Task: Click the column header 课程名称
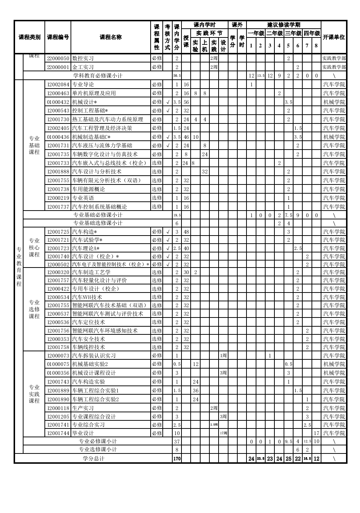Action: click(111, 37)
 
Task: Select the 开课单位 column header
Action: click(334, 37)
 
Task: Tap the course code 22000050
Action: click(58, 58)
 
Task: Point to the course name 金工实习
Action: click(83, 67)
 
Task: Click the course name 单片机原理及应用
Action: click(94, 93)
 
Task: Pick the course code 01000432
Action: click(58, 102)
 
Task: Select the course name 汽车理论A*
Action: click(86, 248)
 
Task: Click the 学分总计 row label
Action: click(94, 459)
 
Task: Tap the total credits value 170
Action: click(177, 459)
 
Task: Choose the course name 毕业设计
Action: click(83, 433)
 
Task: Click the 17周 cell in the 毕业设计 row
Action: click(223, 433)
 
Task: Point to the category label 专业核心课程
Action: click(34, 248)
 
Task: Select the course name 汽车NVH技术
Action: click(87, 297)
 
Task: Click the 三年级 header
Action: click(293, 33)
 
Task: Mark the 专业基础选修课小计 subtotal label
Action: click(98, 223)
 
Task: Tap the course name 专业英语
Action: click(83, 198)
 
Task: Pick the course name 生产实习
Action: click(83, 408)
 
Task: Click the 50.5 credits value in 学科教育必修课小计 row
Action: click(177, 76)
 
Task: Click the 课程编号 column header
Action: click(58, 37)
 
